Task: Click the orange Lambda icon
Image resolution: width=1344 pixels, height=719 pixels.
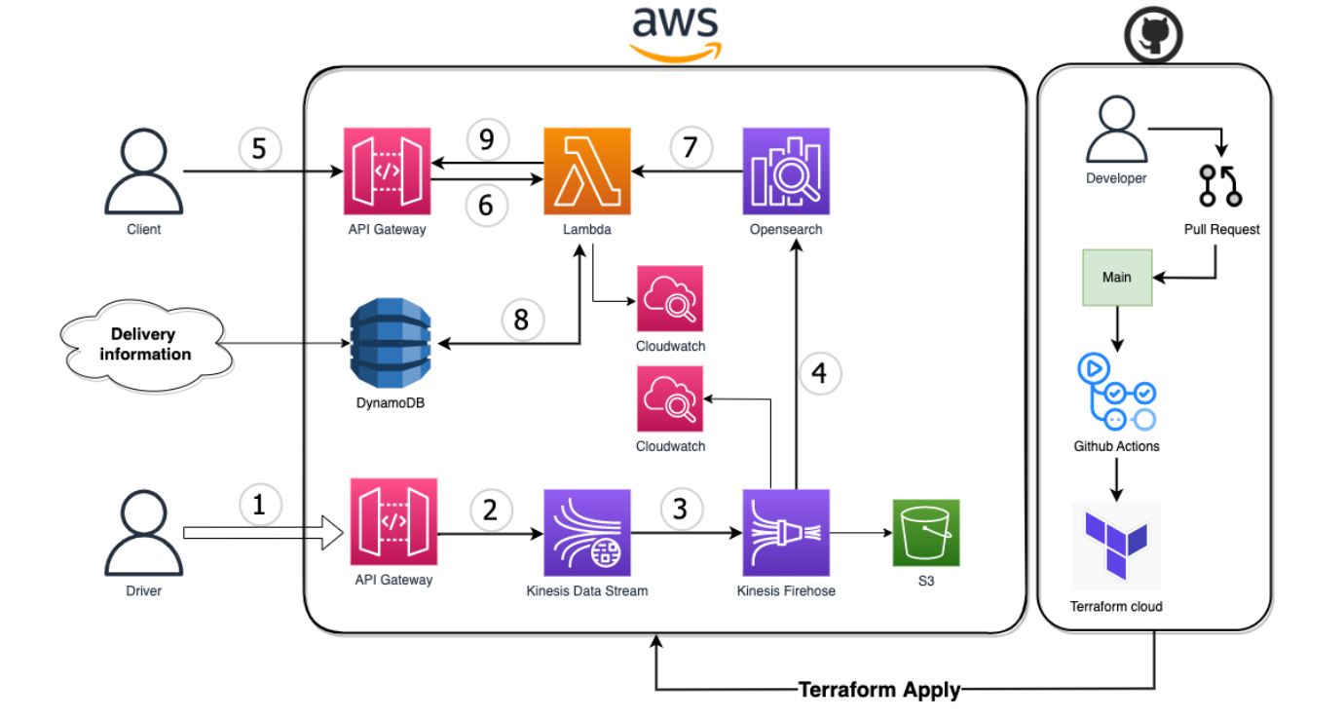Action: pyautogui.click(x=587, y=171)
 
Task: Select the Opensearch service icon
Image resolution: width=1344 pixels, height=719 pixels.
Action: pyautogui.click(x=786, y=171)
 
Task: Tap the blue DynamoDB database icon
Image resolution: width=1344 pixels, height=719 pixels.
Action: pyautogui.click(x=391, y=343)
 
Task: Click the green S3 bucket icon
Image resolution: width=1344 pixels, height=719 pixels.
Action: pyautogui.click(x=926, y=533)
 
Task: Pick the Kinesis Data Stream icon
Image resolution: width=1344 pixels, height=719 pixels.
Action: pyautogui.click(x=587, y=533)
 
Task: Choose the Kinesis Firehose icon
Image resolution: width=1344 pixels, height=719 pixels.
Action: pyautogui.click(x=786, y=533)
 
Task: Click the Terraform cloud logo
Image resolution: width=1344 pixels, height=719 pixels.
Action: pyautogui.click(x=1116, y=545)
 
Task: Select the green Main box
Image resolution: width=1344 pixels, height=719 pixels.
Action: pyautogui.click(x=1117, y=278)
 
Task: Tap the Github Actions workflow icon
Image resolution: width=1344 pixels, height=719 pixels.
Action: pyautogui.click(x=1117, y=392)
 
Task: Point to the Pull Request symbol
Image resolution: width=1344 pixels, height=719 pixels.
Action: pyautogui.click(x=1220, y=186)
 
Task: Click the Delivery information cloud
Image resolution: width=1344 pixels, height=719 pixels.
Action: pyautogui.click(x=146, y=345)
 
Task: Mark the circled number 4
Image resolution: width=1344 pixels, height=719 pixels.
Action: pyautogui.click(x=820, y=373)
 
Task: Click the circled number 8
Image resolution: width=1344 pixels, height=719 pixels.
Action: pyautogui.click(x=522, y=320)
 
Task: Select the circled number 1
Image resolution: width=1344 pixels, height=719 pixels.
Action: pyautogui.click(x=259, y=506)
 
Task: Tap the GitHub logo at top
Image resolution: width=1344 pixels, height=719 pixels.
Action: pyautogui.click(x=1153, y=35)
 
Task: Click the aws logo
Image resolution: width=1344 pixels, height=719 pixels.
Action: pyautogui.click(x=676, y=33)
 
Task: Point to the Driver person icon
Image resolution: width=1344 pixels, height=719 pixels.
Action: pyautogui.click(x=143, y=533)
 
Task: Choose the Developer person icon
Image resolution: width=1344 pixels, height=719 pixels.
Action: pyautogui.click(x=1117, y=129)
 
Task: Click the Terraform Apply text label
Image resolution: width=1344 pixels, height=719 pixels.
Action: pyautogui.click(x=879, y=690)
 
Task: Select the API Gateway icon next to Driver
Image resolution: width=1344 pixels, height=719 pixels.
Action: pyautogui.click(x=393, y=521)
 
